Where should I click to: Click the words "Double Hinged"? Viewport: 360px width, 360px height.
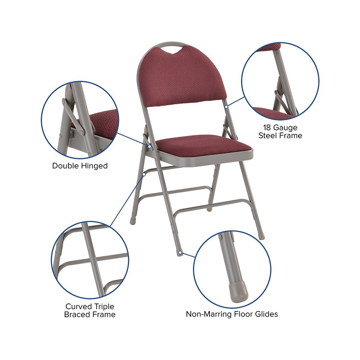point(80,166)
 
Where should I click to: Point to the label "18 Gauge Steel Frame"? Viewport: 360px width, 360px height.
point(280,131)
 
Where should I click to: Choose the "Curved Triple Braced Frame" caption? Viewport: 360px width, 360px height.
point(90,310)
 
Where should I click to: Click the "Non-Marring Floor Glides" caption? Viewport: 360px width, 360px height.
point(232,314)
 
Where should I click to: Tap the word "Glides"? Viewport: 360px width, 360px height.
point(266,314)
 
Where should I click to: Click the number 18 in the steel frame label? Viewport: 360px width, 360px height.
point(267,127)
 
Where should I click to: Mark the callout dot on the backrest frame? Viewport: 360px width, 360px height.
point(226,107)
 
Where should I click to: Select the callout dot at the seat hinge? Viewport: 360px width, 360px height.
point(149,146)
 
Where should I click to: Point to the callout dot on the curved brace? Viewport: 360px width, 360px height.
point(144,174)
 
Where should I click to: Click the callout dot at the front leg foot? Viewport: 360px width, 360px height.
point(180,253)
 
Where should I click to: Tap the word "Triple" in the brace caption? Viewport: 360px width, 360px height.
point(102,307)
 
